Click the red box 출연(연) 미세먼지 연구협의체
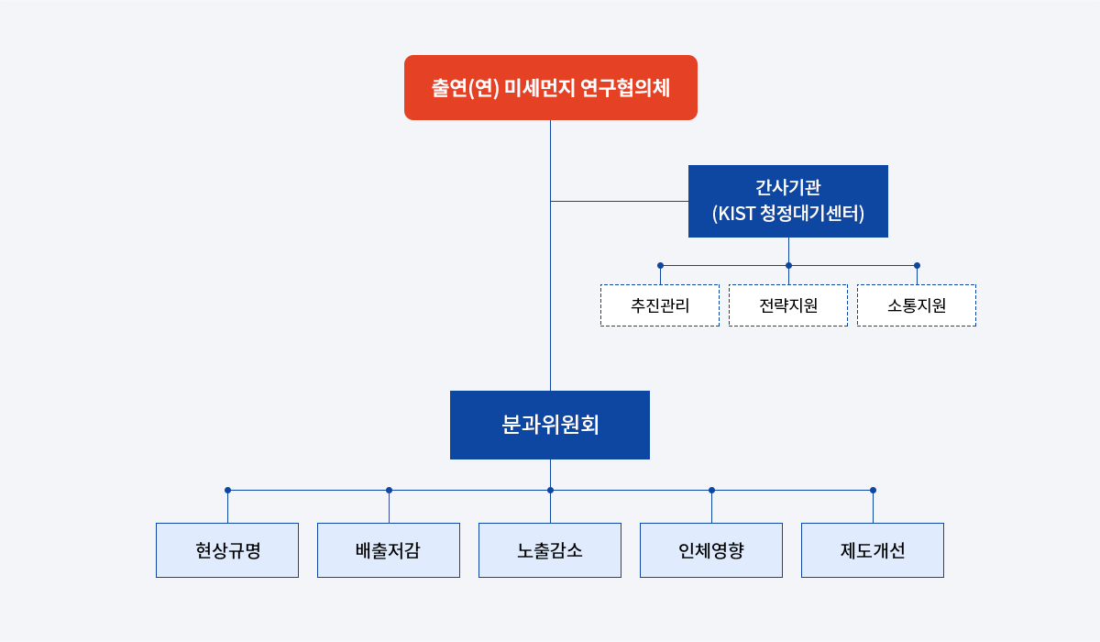click(x=551, y=87)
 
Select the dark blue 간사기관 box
click(x=788, y=202)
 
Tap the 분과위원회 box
click(x=550, y=425)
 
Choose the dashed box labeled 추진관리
click(x=660, y=305)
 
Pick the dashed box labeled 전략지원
click(x=788, y=305)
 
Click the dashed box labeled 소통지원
click(x=917, y=305)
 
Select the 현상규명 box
click(x=227, y=550)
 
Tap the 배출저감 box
click(x=389, y=550)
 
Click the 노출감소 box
click(x=550, y=550)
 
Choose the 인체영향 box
click(x=711, y=550)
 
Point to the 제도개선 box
click(x=873, y=550)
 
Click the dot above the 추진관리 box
click(x=661, y=266)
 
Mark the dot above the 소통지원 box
click(x=917, y=266)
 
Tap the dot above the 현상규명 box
click(x=228, y=491)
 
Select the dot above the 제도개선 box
click(x=873, y=491)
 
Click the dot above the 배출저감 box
click(x=389, y=491)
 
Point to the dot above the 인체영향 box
click(x=711, y=491)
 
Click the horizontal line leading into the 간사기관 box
click(x=620, y=202)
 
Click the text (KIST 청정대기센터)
click(x=788, y=214)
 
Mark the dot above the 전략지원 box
click(x=788, y=266)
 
